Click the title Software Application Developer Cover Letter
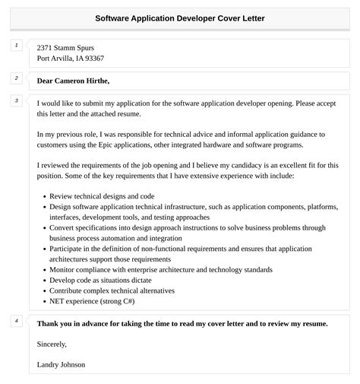[180, 17]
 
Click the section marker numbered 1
[16, 46]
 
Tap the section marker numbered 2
[16, 78]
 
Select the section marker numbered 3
[16, 100]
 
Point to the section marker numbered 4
[16, 320]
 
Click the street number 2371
[46, 48]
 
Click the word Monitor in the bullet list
[64, 269]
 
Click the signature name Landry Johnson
[61, 364]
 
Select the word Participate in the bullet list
[68, 248]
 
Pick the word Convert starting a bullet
[63, 227]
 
